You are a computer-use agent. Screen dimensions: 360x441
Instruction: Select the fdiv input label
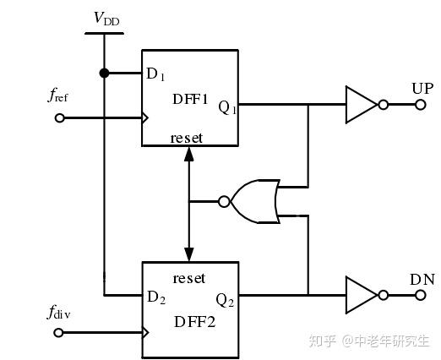[58, 314]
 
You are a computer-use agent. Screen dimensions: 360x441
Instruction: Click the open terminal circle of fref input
[58, 118]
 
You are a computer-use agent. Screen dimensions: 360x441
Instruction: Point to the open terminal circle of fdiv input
[58, 332]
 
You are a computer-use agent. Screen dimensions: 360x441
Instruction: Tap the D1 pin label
[155, 74]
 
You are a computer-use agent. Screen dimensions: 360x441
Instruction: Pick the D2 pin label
[155, 297]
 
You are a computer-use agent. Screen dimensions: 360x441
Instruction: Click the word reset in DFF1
[188, 137]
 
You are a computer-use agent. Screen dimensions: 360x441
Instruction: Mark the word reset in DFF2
[188, 277]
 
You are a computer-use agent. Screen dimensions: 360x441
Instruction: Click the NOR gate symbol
[257, 201]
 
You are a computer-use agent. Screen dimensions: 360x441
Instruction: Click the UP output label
[422, 89]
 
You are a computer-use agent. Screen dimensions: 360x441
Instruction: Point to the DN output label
[422, 279]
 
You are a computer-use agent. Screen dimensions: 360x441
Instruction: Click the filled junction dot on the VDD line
[104, 74]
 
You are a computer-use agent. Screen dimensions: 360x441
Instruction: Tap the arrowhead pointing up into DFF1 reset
[188, 153]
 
